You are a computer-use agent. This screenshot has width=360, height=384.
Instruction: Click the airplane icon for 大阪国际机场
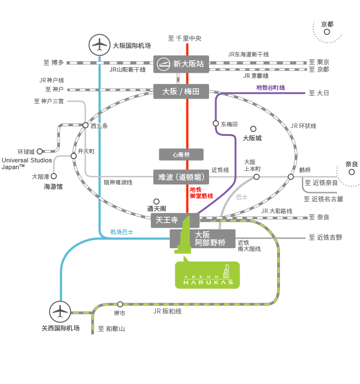pos(99,45)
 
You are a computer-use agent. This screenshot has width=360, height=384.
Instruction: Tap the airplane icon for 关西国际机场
pos(60,312)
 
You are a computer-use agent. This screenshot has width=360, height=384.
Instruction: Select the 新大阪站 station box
pos(181,64)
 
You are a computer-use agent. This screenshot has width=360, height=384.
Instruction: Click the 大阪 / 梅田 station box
pos(181,91)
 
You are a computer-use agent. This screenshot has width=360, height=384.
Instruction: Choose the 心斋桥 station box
pos(181,155)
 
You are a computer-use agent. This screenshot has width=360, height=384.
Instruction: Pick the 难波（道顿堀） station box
pos(181,177)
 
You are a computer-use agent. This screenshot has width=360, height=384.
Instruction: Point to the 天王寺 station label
pos(167,220)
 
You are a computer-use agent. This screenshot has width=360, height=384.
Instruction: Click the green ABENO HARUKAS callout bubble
pos(207,275)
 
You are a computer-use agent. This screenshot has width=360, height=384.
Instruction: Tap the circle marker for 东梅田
pos(216,123)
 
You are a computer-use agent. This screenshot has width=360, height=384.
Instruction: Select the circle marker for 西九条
pos(85,125)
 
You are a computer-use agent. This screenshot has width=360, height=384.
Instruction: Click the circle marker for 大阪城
pos(254,129)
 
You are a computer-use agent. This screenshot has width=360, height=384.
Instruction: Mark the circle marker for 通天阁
pos(157,201)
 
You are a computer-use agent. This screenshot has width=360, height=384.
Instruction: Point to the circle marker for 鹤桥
pos(291,177)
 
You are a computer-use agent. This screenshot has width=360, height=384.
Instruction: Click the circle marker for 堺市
pos(120,304)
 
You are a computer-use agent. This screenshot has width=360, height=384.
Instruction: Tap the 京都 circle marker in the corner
pos(327,32)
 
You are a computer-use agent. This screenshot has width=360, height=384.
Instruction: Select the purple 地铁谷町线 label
pos(270,87)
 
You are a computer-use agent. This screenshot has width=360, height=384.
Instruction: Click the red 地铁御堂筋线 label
pos(201,193)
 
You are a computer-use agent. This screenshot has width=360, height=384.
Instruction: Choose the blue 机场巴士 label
pos(122,232)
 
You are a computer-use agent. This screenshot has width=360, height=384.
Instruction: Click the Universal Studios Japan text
pos(26,164)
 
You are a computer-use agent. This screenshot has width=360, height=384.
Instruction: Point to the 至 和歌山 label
pos(112,329)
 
